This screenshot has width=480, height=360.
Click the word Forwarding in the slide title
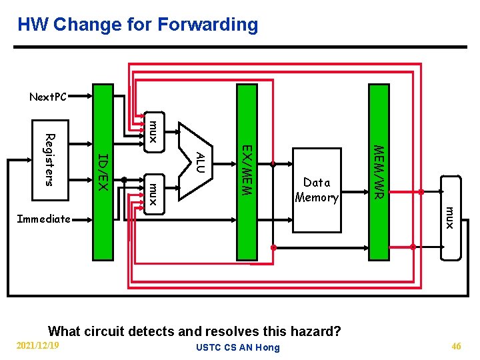(x=208, y=25)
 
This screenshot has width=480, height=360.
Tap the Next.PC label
(x=48, y=97)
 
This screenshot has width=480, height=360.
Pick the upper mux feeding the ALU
(x=153, y=131)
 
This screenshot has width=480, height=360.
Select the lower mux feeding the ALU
(x=153, y=193)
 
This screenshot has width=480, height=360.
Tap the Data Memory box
(x=317, y=190)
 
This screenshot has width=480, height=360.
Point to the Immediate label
(x=43, y=219)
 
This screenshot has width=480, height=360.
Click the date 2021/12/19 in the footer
(x=37, y=345)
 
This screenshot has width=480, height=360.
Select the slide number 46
(x=456, y=346)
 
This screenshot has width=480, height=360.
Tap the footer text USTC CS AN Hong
(x=238, y=347)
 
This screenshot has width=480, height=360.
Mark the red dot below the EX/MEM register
(x=273, y=247)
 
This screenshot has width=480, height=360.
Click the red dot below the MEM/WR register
(x=413, y=247)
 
